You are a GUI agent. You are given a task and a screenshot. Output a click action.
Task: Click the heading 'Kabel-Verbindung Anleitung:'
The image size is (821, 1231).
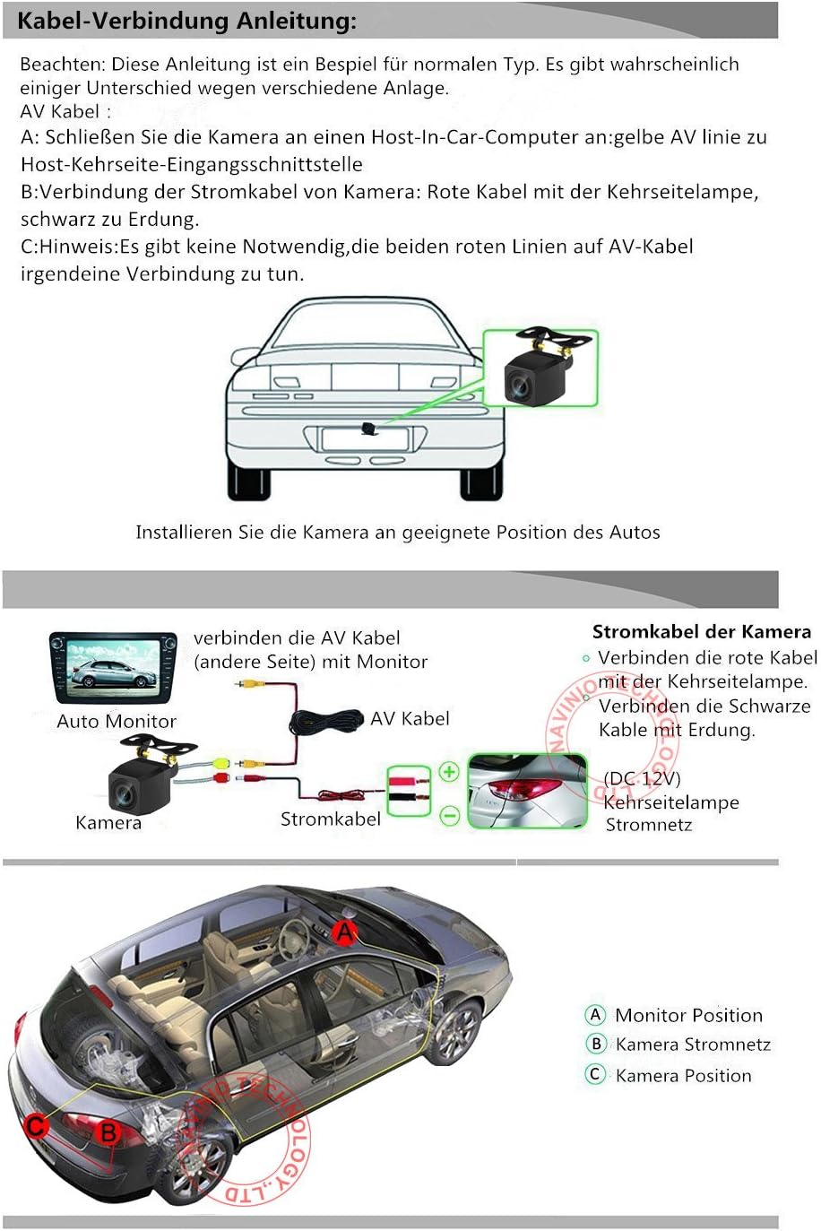point(186,22)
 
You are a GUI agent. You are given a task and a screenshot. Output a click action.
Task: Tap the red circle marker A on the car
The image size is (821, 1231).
point(345,932)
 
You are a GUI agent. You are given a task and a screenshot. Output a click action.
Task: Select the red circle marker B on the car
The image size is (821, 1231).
point(108,1132)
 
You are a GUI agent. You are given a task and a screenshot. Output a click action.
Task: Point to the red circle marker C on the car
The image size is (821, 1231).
point(37,1125)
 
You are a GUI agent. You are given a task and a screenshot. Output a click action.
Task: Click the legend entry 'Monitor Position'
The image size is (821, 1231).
point(687,1015)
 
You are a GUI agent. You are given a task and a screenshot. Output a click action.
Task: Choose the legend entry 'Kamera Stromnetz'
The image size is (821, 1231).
point(692,1045)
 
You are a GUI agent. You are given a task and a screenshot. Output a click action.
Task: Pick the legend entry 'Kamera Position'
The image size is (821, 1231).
point(682,1075)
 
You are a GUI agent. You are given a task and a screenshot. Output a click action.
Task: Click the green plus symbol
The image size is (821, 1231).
point(449,772)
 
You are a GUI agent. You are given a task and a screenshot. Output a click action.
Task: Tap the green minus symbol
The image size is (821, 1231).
point(449,815)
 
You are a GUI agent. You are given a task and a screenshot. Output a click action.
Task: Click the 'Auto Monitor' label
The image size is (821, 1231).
point(117,721)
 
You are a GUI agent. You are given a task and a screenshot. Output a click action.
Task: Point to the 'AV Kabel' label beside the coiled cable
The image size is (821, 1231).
point(410,718)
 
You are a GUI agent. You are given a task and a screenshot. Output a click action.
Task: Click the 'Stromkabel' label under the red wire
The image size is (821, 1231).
point(330,819)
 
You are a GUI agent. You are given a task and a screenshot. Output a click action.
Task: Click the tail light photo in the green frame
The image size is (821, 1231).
point(527,791)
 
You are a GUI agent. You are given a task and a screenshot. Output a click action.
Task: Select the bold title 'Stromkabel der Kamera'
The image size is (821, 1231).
point(701,632)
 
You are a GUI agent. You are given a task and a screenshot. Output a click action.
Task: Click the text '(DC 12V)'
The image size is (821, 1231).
point(642,778)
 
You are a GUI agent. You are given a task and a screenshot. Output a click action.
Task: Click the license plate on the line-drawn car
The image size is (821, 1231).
point(365,439)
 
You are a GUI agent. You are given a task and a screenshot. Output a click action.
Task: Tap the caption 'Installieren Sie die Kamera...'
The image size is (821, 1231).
point(397,533)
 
